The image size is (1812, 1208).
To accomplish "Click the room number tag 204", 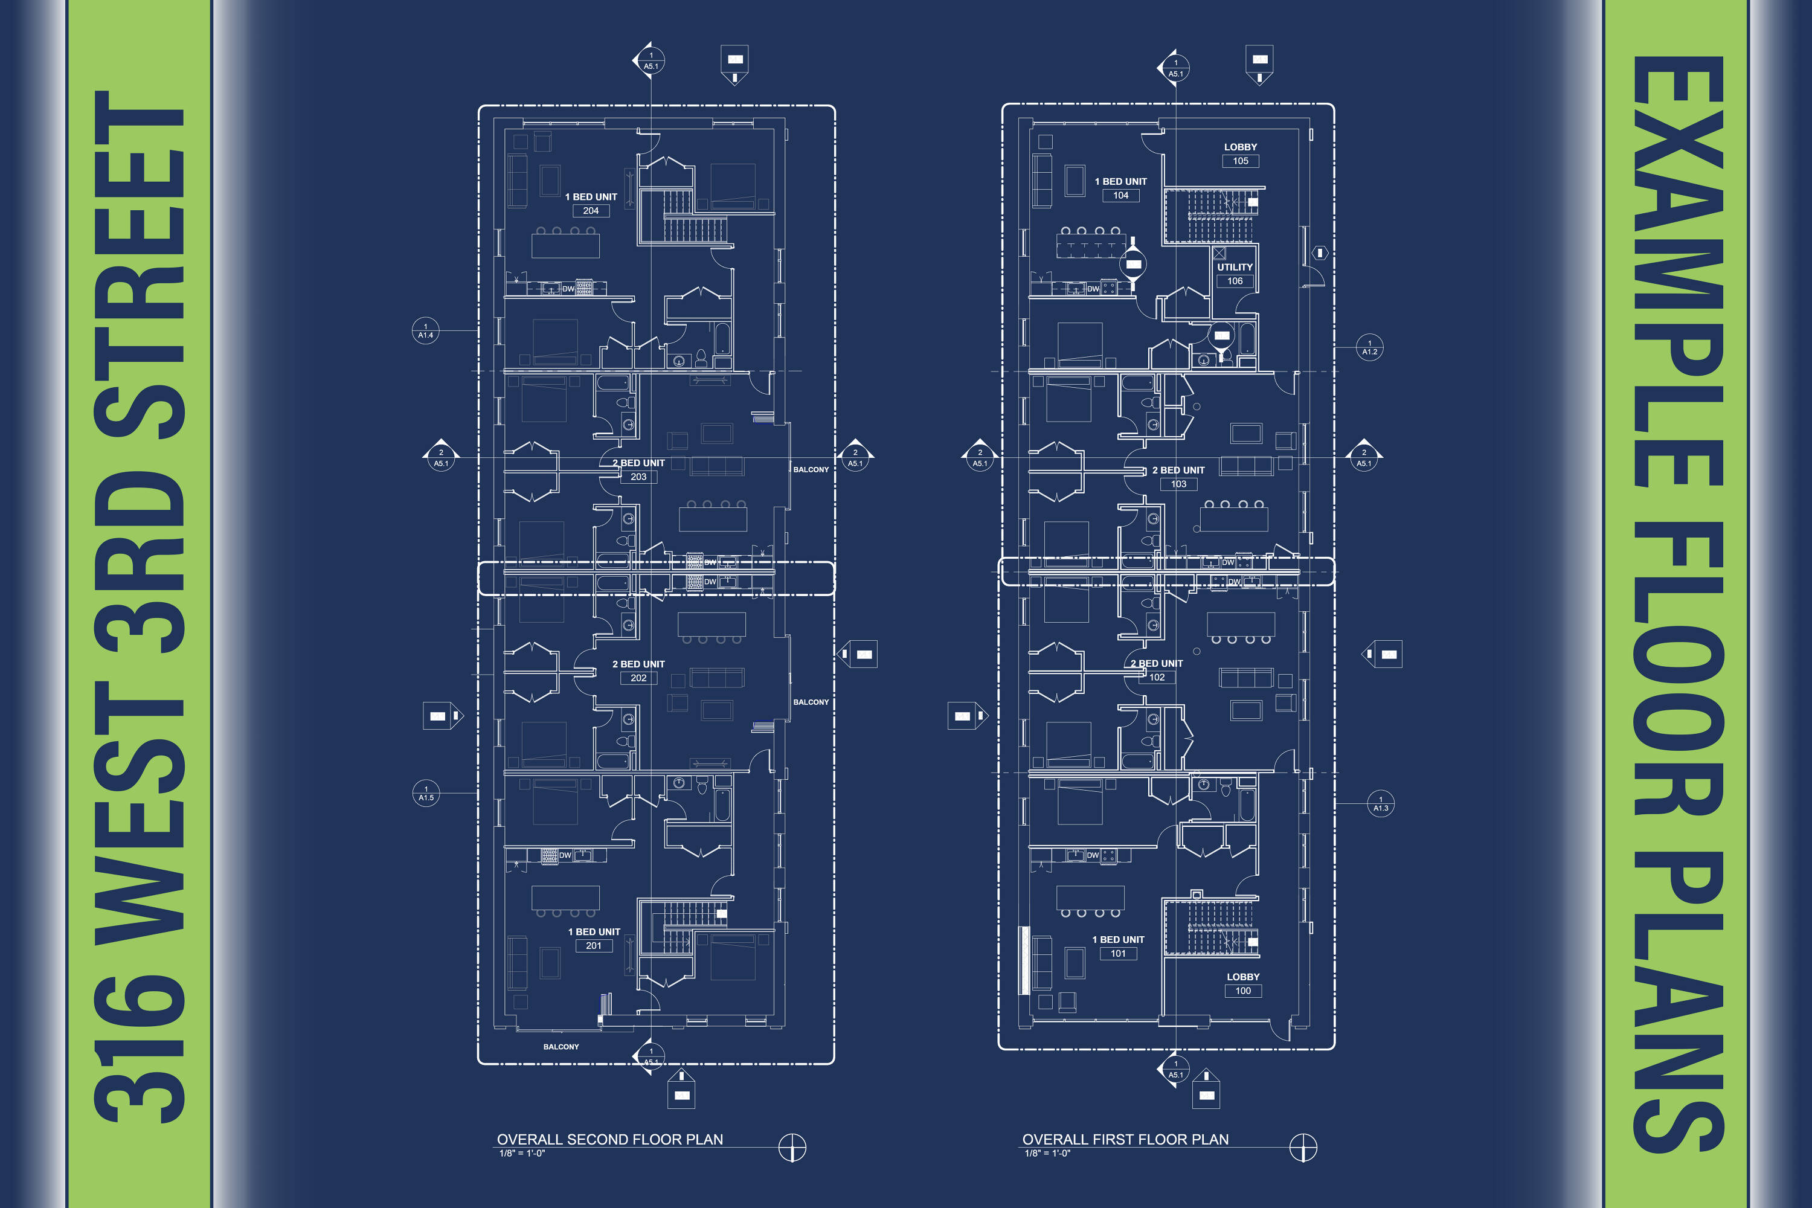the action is point(591,211).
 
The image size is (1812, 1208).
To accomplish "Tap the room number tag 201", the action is point(594,946).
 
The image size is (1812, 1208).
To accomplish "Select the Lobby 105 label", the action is point(1241,154).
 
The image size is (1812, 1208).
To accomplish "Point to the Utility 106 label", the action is point(1235,274).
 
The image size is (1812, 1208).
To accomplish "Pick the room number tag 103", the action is point(1179,484).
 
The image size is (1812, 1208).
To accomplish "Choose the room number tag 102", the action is point(1157,678).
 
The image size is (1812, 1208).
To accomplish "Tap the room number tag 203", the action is point(638,477).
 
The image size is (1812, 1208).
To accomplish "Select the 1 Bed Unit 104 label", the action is point(1121,188).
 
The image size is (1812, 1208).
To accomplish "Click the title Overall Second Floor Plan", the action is point(610,1139).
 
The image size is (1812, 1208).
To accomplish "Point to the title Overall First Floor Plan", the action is point(1126,1139).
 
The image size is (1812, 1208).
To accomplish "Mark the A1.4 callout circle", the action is point(426,331).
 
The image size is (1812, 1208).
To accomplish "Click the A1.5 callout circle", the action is point(426,794).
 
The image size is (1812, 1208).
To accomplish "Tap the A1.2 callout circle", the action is point(1370,347).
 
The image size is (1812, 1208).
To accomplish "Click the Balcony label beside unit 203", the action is point(811,470).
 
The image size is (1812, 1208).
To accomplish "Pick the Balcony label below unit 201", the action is point(561,1047).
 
